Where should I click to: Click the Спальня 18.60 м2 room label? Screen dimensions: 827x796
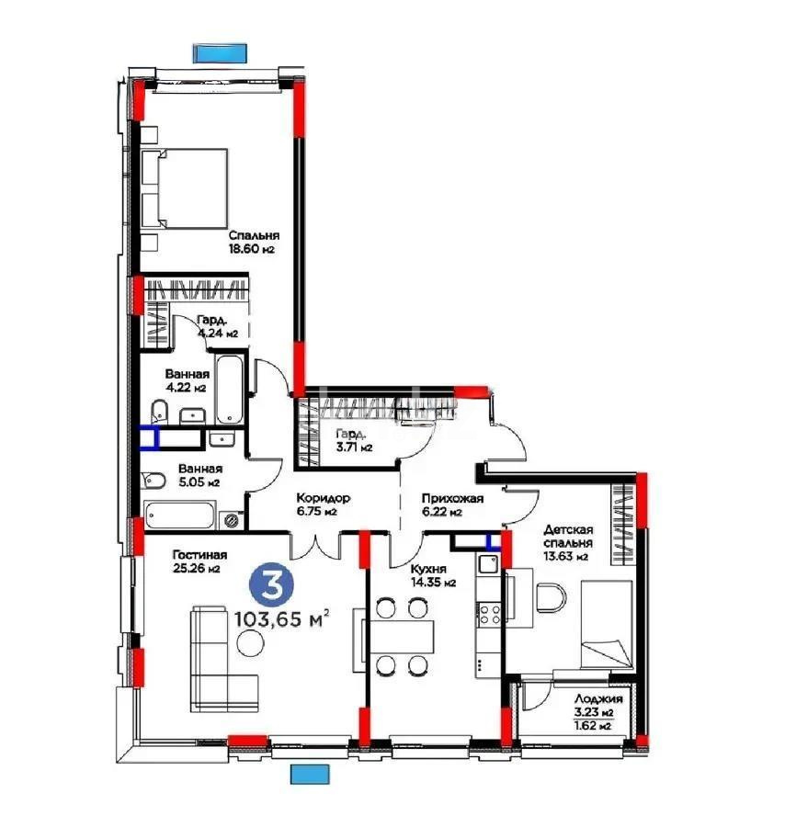(x=253, y=242)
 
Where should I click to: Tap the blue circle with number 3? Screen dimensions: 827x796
(x=267, y=585)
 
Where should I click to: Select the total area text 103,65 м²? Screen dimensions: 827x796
(x=282, y=618)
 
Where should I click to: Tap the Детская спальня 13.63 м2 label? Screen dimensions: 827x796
(x=567, y=543)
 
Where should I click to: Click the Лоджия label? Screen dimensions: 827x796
(x=594, y=705)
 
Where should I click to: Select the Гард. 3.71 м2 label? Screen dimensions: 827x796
(x=352, y=440)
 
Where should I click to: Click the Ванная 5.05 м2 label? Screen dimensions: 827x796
(x=199, y=474)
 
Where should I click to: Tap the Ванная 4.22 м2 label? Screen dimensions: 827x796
(x=188, y=380)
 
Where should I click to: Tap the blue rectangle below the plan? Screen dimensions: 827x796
(x=310, y=774)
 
